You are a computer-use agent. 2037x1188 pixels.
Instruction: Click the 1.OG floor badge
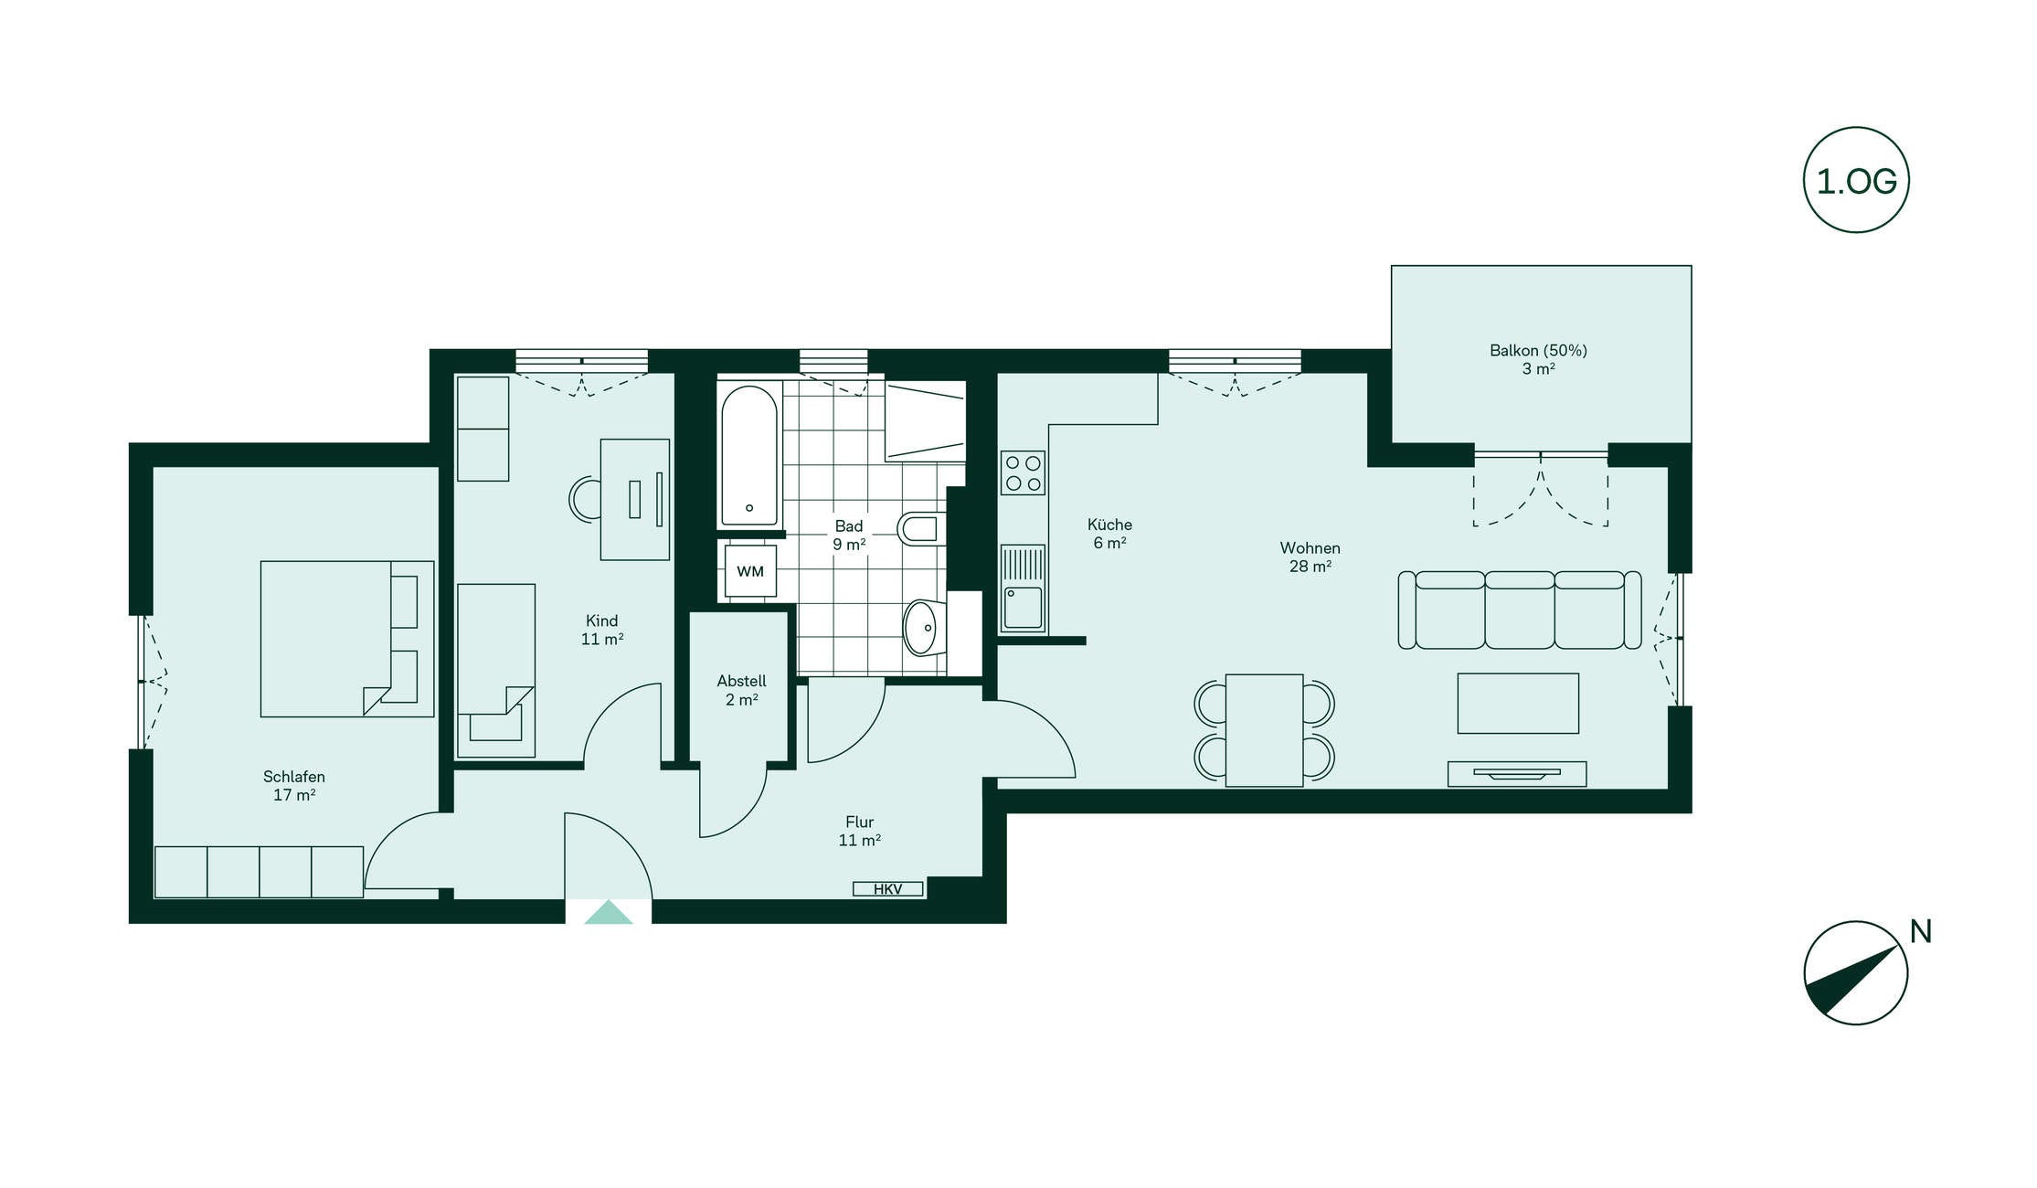click(x=1855, y=180)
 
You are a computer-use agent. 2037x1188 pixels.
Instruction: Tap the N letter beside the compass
click(x=1920, y=932)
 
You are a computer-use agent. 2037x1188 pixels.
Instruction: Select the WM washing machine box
click(x=750, y=571)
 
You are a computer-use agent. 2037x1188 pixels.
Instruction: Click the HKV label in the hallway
click(x=887, y=889)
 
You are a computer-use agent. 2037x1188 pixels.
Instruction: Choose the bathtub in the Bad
click(x=749, y=455)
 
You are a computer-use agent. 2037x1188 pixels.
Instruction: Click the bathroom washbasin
click(x=923, y=628)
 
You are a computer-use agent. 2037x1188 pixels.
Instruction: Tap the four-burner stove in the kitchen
click(x=1023, y=473)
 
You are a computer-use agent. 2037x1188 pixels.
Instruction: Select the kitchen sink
click(x=1023, y=589)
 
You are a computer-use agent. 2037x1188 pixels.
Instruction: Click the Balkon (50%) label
click(x=1538, y=350)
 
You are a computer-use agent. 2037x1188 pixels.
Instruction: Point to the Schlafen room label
click(x=293, y=777)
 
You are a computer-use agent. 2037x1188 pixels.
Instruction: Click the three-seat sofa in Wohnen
click(x=1520, y=610)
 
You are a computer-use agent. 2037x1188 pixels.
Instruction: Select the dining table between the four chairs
click(x=1264, y=730)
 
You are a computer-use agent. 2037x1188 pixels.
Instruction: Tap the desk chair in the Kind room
click(x=585, y=499)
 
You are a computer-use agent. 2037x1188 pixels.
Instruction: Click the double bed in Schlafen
click(x=347, y=639)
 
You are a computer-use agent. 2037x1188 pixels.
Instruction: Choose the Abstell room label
click(x=741, y=681)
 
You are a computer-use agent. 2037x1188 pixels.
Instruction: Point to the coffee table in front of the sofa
click(x=1518, y=703)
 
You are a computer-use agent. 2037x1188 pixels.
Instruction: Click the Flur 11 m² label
click(x=860, y=831)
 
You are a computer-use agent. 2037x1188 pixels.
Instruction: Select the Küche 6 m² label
click(x=1109, y=534)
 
